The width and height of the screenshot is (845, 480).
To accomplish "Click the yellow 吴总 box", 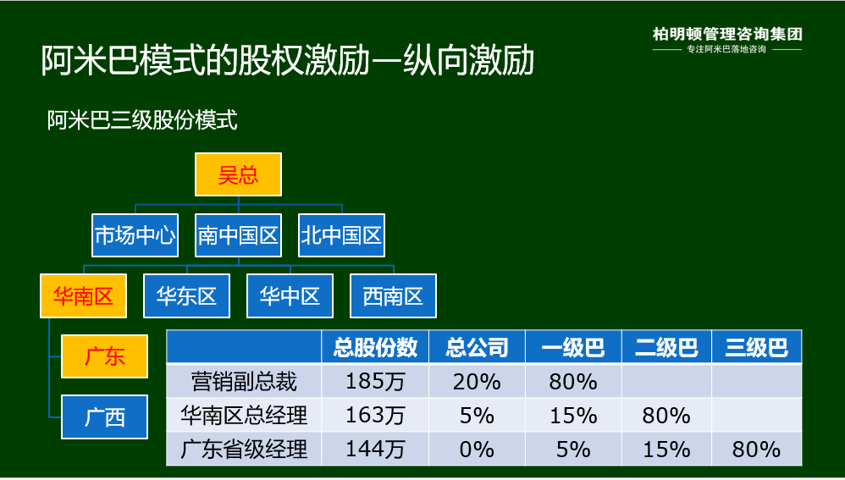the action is click(238, 174).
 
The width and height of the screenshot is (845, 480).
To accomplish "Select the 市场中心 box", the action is click(135, 234).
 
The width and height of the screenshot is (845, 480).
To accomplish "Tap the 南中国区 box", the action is click(238, 234).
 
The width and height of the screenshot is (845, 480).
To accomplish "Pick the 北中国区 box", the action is click(342, 234).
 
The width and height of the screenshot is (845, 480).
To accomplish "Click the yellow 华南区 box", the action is click(83, 295).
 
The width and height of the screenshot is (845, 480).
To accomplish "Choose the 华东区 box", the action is click(186, 295).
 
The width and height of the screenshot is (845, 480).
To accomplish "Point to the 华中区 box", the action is click(290, 295).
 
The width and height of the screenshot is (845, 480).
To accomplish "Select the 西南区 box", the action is click(394, 295).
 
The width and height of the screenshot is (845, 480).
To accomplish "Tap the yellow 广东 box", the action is click(104, 356).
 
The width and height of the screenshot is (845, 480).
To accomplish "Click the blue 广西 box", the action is click(104, 417).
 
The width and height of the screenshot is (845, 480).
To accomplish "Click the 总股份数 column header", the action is click(375, 347).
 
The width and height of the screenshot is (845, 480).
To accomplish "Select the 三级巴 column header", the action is click(757, 347).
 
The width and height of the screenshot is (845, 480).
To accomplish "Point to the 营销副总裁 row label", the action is click(244, 382).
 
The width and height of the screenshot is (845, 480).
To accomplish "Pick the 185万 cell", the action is click(375, 382).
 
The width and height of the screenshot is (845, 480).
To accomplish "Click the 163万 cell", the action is click(375, 416).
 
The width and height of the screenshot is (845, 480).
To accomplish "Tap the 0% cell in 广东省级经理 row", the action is click(477, 450).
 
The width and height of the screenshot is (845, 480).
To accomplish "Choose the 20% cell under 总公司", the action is click(477, 382).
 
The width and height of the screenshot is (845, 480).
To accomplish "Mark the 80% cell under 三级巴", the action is click(757, 450).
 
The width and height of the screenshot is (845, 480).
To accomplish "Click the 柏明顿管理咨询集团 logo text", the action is click(727, 35).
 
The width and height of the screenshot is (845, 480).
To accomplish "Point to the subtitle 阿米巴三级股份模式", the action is click(142, 120).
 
